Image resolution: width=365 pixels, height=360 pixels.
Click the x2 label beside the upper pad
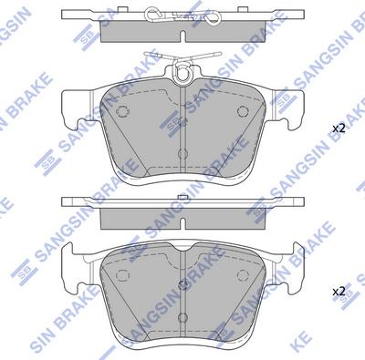click(339, 129)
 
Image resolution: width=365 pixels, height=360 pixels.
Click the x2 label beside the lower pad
click(339, 292)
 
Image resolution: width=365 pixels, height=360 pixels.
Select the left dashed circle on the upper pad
click(122, 111)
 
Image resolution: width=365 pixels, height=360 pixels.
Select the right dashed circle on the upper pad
click(243, 111)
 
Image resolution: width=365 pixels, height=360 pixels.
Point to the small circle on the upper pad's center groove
click(182, 154)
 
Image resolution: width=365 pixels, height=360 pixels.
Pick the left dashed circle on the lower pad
click(122, 275)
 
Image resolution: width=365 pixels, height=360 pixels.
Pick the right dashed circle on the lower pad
click(243, 275)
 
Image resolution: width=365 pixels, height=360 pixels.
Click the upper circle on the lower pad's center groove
click(182, 285)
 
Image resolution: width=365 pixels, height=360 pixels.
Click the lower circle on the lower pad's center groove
click(182, 317)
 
